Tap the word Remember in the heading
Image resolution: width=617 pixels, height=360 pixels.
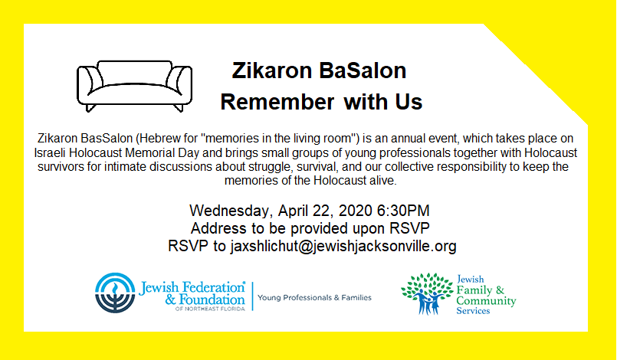pyautogui.click(x=277, y=102)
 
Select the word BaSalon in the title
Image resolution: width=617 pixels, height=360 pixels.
pyautogui.click(x=363, y=70)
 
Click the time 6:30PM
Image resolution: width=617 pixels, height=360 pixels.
pyautogui.click(x=403, y=211)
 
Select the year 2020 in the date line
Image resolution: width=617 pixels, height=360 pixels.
pyautogui.click(x=356, y=211)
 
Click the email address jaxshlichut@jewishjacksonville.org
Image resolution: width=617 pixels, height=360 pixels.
pyautogui.click(x=343, y=246)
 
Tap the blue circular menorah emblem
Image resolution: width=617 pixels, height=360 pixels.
pyautogui.click(x=115, y=293)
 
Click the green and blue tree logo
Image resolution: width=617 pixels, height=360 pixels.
pyautogui.click(x=428, y=293)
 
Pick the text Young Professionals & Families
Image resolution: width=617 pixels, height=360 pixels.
pyautogui.click(x=314, y=298)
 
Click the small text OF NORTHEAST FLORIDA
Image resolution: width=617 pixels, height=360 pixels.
pyautogui.click(x=210, y=309)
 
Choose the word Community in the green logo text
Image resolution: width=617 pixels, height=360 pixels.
pyautogui.click(x=486, y=301)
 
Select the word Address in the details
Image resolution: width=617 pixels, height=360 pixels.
pyautogui.click(x=214, y=228)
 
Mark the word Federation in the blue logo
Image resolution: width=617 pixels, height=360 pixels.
pyautogui.click(x=213, y=287)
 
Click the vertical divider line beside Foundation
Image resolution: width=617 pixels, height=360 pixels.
pyautogui.click(x=252, y=296)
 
